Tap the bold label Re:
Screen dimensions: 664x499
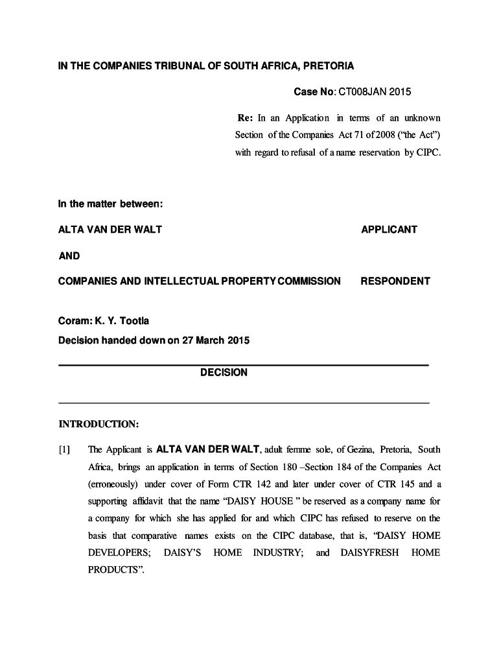click(244, 118)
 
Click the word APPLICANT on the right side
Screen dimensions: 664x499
click(389, 230)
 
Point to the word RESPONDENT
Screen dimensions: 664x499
click(395, 281)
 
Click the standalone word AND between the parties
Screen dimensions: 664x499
click(69, 255)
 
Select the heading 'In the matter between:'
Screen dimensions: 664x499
click(110, 204)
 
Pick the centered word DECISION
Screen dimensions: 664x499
click(224, 373)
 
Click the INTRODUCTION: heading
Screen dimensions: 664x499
click(99, 424)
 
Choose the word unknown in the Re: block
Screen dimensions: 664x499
click(422, 118)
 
